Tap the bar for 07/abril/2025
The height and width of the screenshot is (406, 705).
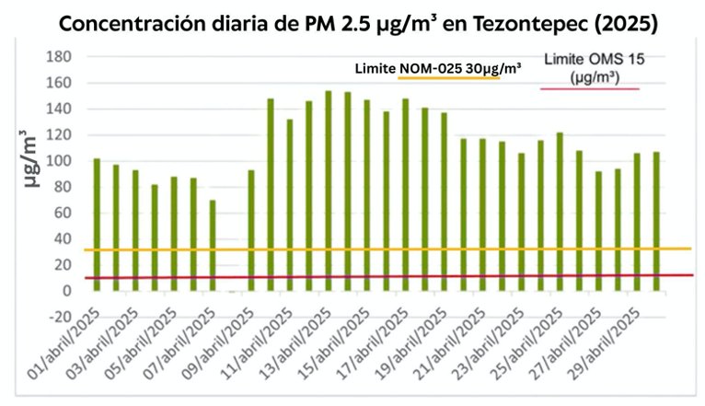coord(213,245)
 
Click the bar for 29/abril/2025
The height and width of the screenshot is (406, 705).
coord(637,222)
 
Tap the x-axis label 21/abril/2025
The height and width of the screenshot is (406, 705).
coord(450,342)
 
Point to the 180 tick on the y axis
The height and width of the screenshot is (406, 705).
coord(59,56)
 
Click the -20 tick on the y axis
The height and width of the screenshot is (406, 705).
coord(59,317)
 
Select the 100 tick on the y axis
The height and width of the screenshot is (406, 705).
coord(59,161)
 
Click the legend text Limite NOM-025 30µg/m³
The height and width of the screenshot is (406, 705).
coord(438,68)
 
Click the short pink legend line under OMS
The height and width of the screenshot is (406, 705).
coord(589,88)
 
